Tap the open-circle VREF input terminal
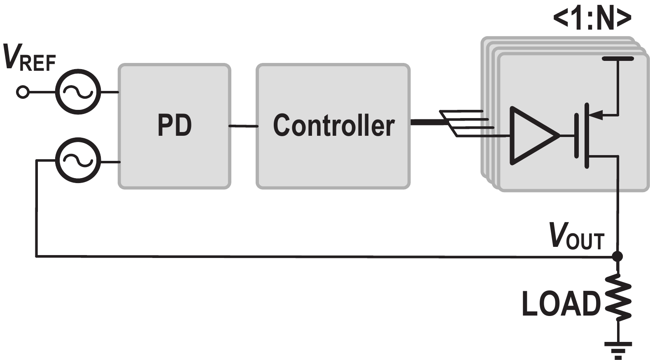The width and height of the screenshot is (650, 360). coord(23,92)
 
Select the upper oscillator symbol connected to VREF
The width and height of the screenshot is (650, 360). coord(78,92)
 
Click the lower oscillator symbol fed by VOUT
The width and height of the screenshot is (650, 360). coord(78,160)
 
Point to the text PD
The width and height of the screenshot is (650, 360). coord(175,125)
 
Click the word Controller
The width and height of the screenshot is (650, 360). coord(333,125)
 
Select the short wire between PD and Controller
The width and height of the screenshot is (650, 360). coord(243,126)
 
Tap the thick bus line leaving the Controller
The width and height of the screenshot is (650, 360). coord(426,122)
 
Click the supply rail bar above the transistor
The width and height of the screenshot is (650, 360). coord(617,59)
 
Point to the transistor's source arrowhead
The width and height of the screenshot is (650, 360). coord(597,115)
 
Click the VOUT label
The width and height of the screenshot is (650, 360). coord(576,237)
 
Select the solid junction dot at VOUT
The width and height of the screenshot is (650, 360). coord(617,256)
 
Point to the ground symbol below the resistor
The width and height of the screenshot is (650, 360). coord(617,348)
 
